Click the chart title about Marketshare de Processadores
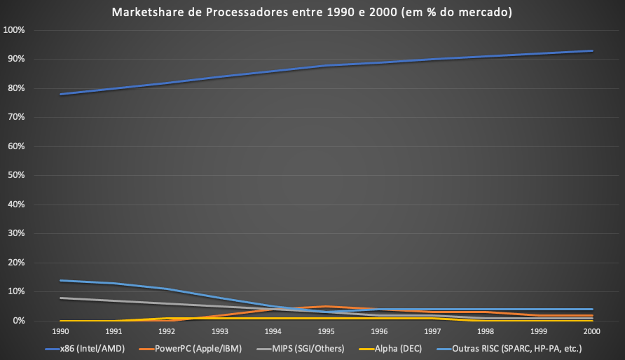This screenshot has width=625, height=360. click(x=312, y=11)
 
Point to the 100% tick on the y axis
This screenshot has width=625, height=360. click(x=15, y=30)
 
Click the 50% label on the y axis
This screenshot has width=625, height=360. click(x=16, y=176)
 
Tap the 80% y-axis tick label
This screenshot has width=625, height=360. click(x=16, y=88)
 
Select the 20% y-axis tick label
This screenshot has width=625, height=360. click(x=16, y=263)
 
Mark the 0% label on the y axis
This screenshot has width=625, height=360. click(x=18, y=321)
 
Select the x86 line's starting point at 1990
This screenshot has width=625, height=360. click(x=60, y=94)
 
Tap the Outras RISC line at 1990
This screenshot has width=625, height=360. click(x=60, y=280)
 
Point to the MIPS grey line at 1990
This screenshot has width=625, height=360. click(x=60, y=298)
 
